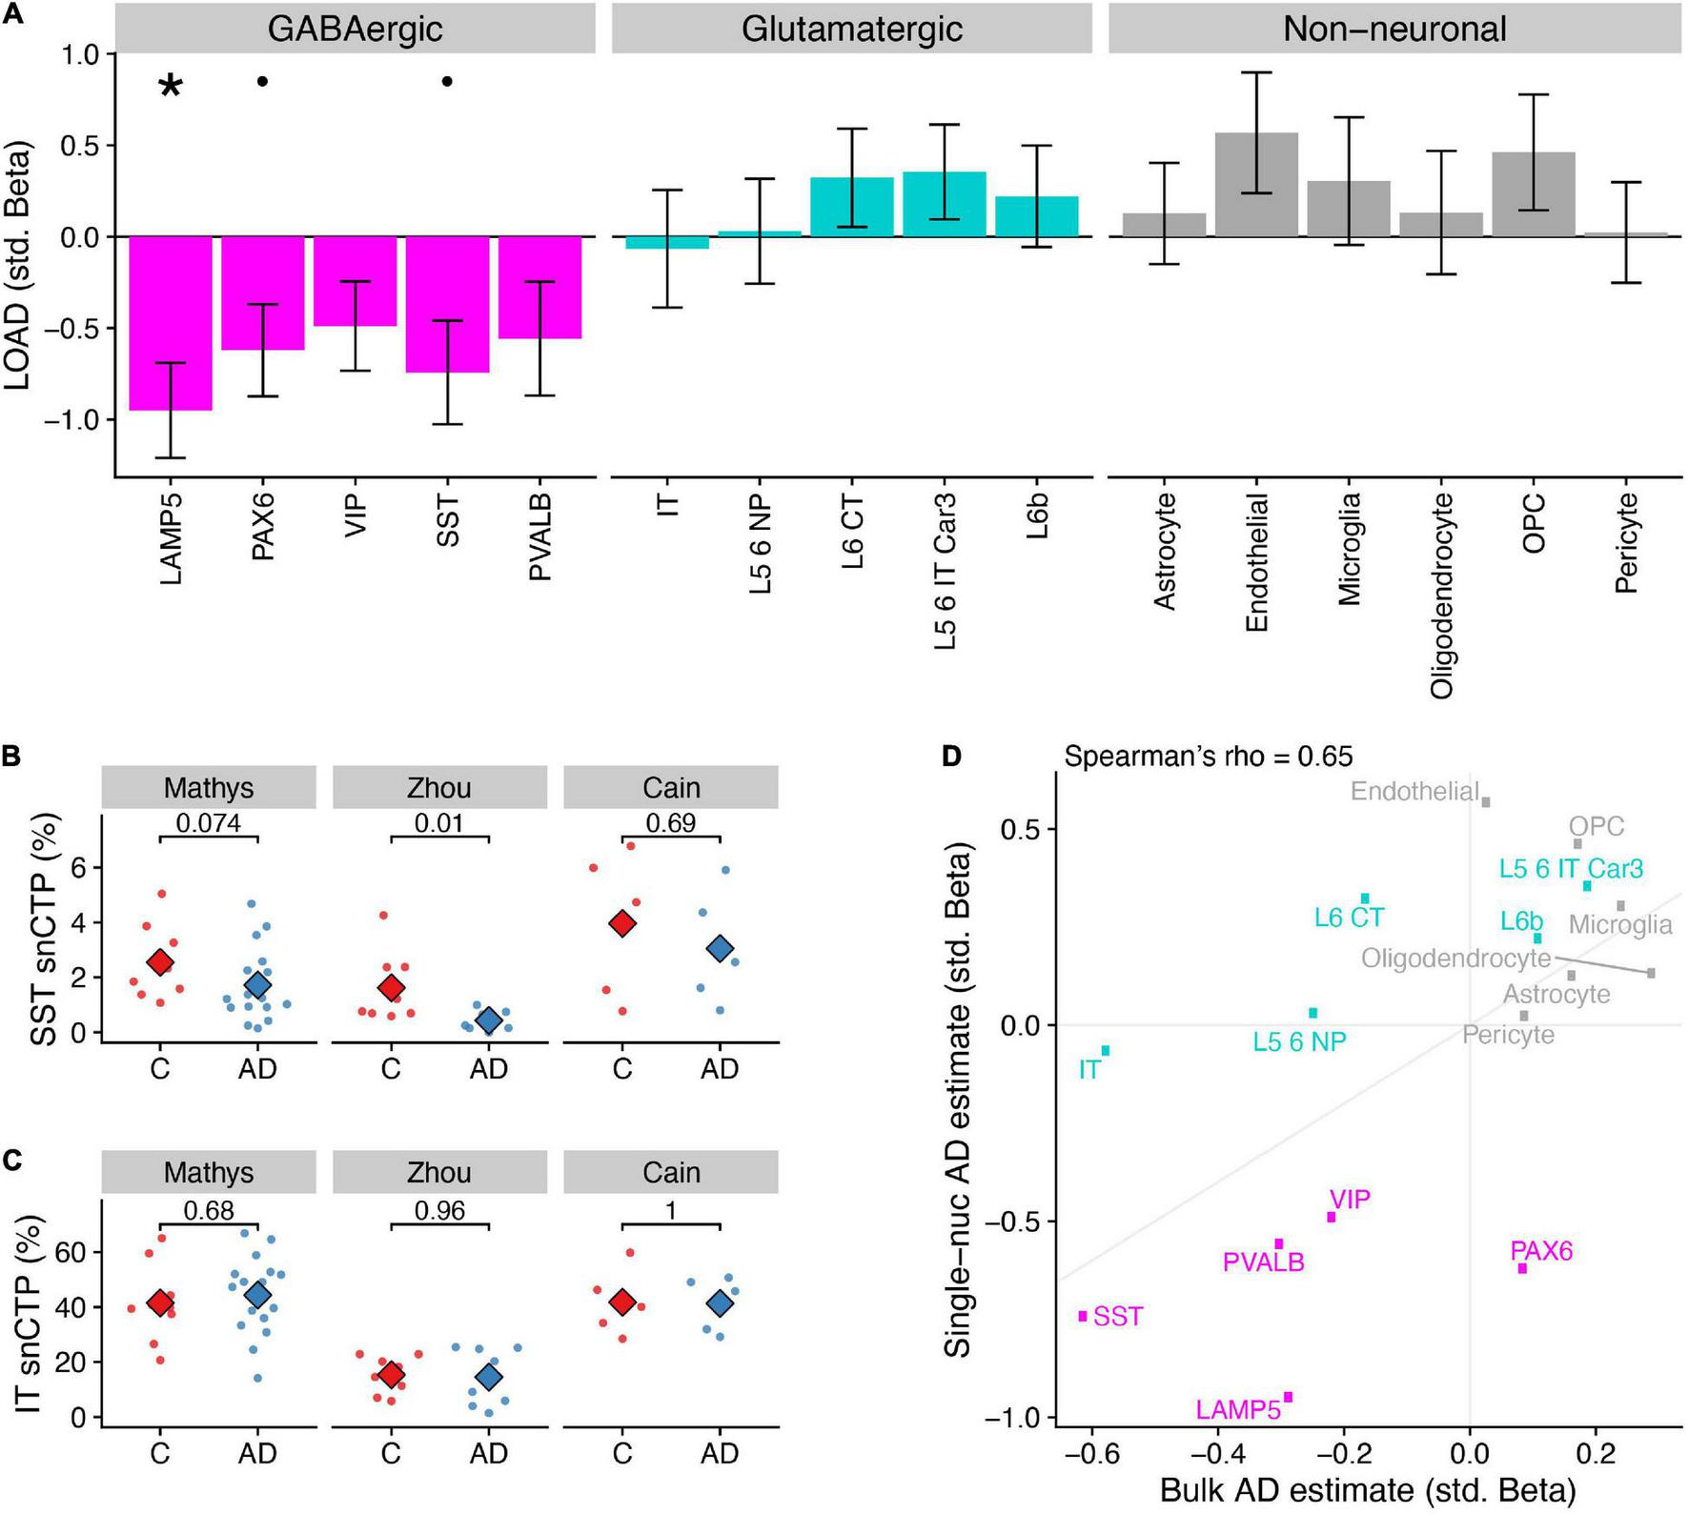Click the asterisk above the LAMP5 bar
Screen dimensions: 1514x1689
tap(170, 87)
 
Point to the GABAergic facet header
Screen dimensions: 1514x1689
tap(355, 29)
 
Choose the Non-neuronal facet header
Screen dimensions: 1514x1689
tap(1394, 29)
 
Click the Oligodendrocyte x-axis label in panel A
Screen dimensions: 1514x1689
tap(1441, 595)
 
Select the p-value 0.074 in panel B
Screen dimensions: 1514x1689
tap(209, 822)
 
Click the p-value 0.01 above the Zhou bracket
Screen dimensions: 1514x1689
tap(439, 822)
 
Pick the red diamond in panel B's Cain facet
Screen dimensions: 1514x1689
tap(622, 923)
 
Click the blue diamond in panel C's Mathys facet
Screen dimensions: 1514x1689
tap(257, 1295)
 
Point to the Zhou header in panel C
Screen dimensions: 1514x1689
tap(439, 1172)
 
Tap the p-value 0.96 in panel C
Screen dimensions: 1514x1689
tap(439, 1210)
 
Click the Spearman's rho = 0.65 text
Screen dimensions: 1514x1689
tap(1208, 757)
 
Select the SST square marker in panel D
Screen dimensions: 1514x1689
tap(1083, 1316)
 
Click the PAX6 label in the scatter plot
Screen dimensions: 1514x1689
tap(1540, 1250)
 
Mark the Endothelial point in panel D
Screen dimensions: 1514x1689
tap(1485, 802)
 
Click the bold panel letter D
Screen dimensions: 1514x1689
tap(952, 757)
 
